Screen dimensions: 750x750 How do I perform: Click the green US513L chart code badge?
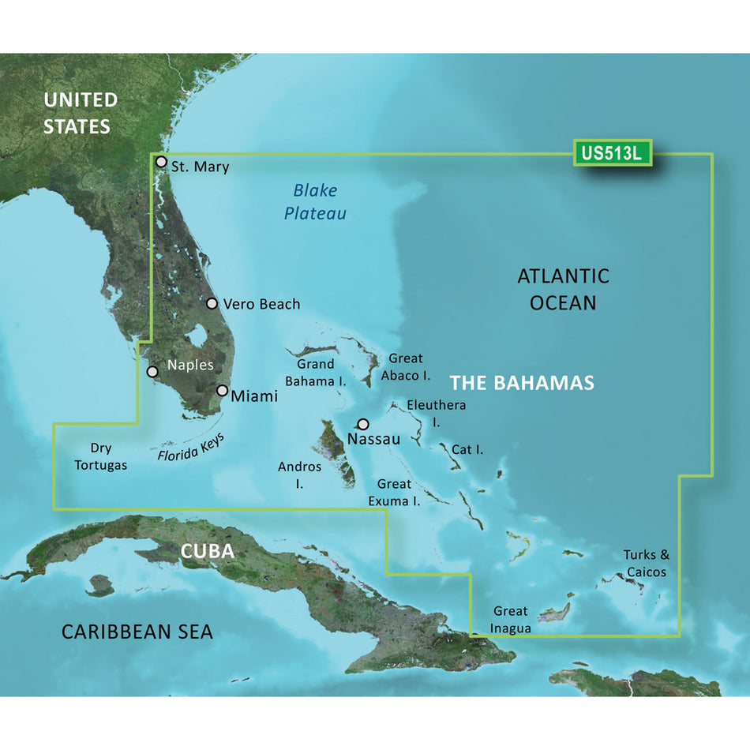[x=613, y=154]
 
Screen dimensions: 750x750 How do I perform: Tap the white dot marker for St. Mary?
[x=161, y=162]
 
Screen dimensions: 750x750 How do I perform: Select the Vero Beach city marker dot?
[x=212, y=303]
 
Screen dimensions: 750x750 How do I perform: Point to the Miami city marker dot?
[x=223, y=391]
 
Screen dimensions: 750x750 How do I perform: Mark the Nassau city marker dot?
[x=363, y=423]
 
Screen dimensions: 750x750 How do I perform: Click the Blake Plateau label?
[x=315, y=201]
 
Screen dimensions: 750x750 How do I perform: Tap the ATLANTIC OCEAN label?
[x=563, y=289]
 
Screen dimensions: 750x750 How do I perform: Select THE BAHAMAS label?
[x=522, y=384]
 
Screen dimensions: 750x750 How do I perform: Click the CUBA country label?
[x=208, y=551]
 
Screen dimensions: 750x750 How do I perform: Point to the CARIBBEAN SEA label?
[x=137, y=632]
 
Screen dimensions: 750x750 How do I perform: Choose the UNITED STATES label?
[x=80, y=113]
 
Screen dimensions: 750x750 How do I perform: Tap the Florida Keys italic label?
[x=190, y=444]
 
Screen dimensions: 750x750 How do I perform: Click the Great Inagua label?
[x=511, y=619]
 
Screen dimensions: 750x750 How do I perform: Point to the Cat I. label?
[x=467, y=449]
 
